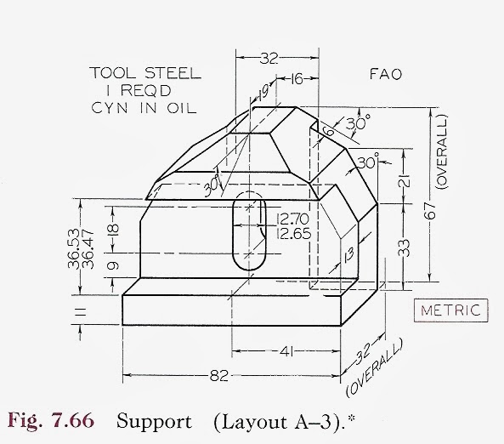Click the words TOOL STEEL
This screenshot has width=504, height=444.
145,73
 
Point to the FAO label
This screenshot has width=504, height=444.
387,74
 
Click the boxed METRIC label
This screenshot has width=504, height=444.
452,310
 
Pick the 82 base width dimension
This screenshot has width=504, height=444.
219,374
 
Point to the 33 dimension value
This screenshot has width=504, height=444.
405,248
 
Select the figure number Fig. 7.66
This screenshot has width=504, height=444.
58,421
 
